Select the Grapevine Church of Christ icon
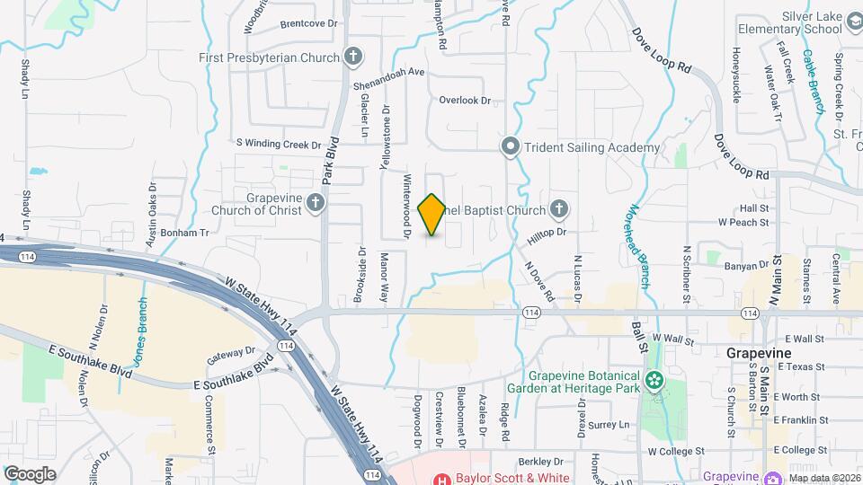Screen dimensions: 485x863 click(x=316, y=204)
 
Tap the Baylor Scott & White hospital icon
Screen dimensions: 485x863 click(x=442, y=479)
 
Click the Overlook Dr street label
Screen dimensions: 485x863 click(x=465, y=101)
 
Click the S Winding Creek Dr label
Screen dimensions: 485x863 click(x=279, y=144)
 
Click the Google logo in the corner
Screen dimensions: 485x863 click(x=30, y=473)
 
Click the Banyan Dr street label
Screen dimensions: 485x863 click(x=747, y=264)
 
